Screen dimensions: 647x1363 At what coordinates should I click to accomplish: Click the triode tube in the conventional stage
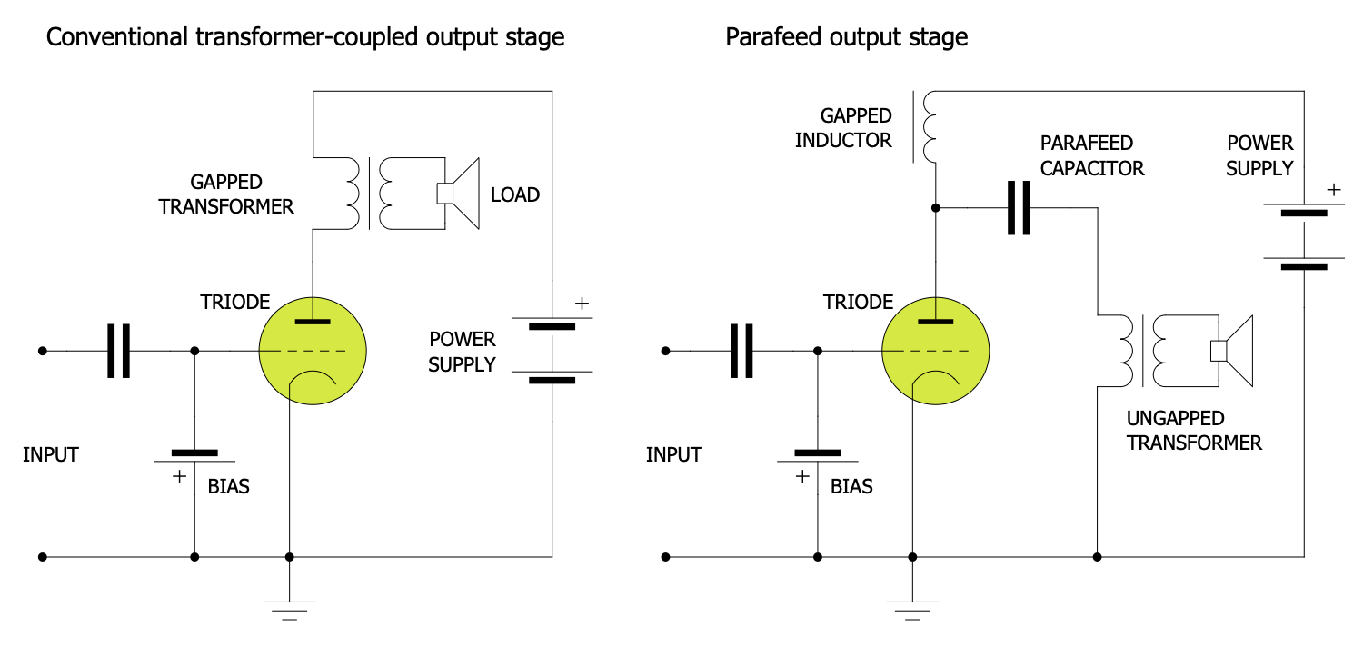pos(313,351)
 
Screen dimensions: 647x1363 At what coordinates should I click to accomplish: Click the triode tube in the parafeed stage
pos(936,351)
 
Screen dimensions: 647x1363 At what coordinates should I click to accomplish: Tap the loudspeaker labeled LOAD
pos(462,194)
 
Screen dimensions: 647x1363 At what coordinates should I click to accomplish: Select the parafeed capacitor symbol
pos(1019,208)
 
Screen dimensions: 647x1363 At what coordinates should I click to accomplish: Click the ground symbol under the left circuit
pos(289,608)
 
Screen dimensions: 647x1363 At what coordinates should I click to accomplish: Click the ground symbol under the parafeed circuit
pos(912,608)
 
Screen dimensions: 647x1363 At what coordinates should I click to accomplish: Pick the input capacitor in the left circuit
pos(118,351)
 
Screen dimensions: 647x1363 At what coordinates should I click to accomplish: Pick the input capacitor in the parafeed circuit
pos(741,351)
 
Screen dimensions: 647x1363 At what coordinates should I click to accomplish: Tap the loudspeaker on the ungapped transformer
pos(1234,351)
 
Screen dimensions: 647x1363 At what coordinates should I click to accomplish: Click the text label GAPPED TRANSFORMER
pos(226,194)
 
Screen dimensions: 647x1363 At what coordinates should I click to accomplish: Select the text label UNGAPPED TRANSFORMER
pos(1194,431)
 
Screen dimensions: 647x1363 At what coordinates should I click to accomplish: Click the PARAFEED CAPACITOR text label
pos(1092,155)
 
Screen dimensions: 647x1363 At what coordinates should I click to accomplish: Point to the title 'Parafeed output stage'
pos(846,37)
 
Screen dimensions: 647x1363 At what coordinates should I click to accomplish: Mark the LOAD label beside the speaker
pos(515,194)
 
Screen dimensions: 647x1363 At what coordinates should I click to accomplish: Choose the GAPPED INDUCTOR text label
pos(843,128)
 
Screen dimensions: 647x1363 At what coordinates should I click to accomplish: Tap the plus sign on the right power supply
pos(1333,190)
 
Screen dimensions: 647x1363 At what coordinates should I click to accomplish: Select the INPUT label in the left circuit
pos(51,454)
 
